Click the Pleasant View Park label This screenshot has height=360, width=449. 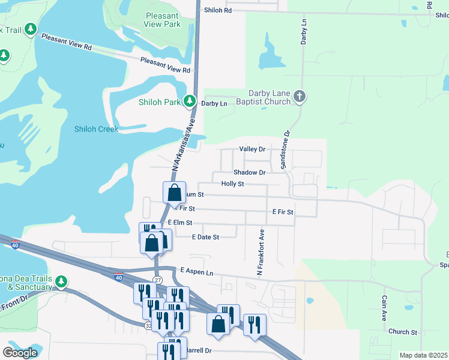162,20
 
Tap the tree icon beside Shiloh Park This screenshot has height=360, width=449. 190,101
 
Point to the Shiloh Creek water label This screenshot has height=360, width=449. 96,129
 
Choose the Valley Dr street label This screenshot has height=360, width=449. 252,149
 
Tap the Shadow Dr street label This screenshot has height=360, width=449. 249,172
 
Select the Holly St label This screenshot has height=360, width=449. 232,184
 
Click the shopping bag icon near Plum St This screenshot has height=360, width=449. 174,193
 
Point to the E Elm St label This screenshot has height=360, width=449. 179,222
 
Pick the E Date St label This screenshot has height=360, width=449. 205,237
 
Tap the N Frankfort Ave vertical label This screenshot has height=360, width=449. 261,252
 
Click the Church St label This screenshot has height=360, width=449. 402,332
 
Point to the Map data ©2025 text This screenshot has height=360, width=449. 423,355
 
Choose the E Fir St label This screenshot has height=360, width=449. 282,212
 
